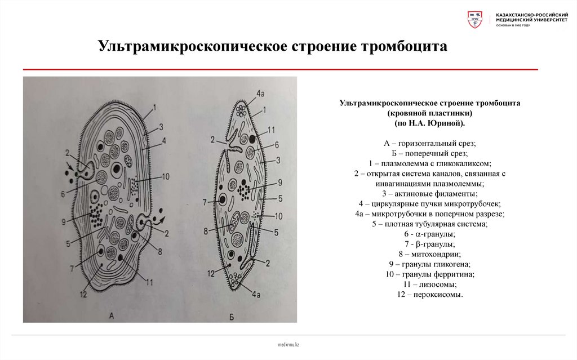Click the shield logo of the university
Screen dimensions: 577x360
[475, 20]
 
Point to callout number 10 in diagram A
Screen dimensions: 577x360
[165, 176]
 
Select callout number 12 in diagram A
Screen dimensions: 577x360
[84, 294]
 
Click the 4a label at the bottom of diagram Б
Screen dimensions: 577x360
[257, 294]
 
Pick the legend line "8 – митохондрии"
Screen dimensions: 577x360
[429, 254]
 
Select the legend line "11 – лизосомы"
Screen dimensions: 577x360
[429, 285]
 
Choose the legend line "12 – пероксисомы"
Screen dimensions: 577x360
[429, 295]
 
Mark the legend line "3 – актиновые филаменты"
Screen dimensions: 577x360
[429, 193]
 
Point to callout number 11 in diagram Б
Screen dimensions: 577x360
[270, 131]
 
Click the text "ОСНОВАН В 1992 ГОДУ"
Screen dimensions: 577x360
[513, 25]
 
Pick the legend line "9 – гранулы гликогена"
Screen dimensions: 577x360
[429, 264]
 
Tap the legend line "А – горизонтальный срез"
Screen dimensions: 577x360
[429, 143]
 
